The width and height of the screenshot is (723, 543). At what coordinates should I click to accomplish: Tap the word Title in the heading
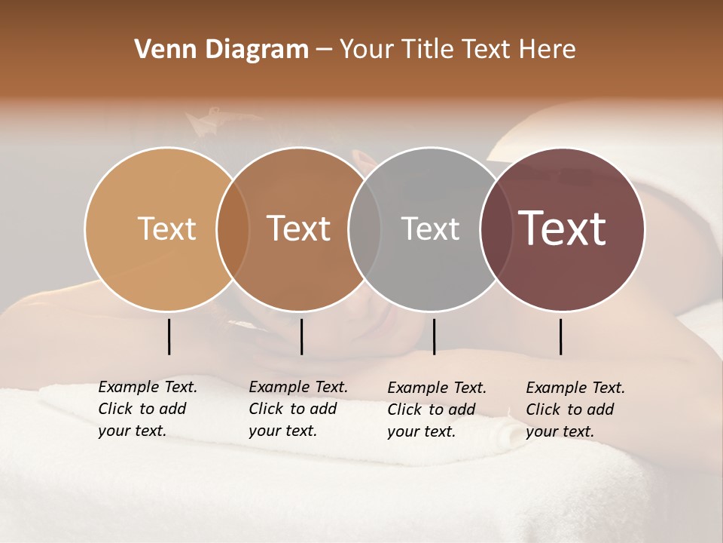(x=428, y=50)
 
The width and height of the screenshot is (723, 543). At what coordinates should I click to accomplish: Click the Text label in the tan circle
(x=166, y=229)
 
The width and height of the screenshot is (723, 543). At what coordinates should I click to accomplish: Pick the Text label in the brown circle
(x=299, y=229)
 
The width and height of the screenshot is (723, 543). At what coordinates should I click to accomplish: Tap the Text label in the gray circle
(x=430, y=229)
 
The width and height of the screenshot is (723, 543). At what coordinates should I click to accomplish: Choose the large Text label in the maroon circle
(x=563, y=229)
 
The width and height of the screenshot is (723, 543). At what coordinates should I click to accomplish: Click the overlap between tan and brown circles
(x=233, y=229)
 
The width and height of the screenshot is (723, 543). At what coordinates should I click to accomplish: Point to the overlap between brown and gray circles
(x=365, y=229)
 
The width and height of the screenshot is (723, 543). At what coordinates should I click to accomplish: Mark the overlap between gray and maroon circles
(x=496, y=229)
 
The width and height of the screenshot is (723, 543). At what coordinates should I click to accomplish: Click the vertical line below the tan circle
(x=169, y=336)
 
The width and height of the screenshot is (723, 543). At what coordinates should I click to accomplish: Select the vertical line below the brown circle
(x=301, y=336)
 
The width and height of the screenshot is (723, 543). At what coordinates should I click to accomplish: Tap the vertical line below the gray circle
(x=434, y=336)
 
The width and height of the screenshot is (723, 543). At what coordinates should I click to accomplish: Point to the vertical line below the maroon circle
(x=560, y=336)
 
